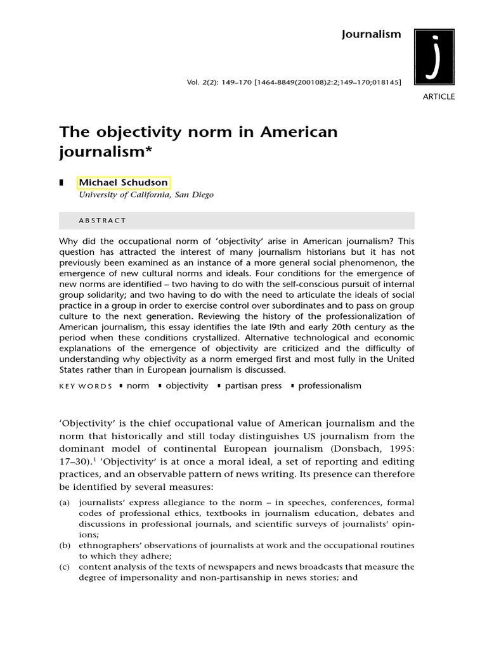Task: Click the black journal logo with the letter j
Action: point(434,56)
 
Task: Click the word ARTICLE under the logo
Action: point(438,97)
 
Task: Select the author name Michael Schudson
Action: point(123,183)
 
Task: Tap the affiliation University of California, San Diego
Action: point(146,195)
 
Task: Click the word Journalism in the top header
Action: point(372,34)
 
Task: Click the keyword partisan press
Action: point(253,385)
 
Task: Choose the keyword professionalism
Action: point(330,385)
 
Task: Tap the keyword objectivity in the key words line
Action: point(186,385)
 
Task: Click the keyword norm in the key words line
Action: point(138,385)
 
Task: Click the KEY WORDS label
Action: point(86,386)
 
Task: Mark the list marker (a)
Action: point(65,503)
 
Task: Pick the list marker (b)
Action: point(65,545)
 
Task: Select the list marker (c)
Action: point(65,567)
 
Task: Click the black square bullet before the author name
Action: point(62,183)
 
